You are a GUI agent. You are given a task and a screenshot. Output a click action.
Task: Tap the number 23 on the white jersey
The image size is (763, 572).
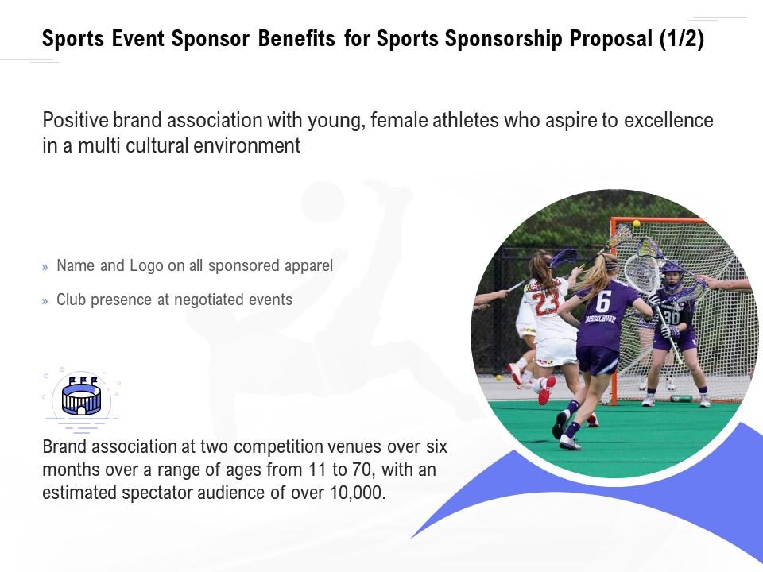click(545, 303)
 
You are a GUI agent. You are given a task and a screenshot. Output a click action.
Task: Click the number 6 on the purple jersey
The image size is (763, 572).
click(603, 301)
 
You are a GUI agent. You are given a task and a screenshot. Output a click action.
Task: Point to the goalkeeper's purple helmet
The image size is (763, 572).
click(672, 275)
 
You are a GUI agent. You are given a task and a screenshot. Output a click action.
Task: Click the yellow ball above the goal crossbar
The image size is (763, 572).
click(636, 223)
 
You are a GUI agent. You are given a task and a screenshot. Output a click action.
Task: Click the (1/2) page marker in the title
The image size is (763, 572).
click(680, 41)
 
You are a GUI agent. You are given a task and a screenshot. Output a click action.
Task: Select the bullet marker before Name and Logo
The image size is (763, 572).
click(45, 267)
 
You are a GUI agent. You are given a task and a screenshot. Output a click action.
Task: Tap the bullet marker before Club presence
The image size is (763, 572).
click(45, 300)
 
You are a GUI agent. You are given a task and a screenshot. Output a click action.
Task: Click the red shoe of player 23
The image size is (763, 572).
click(547, 389)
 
